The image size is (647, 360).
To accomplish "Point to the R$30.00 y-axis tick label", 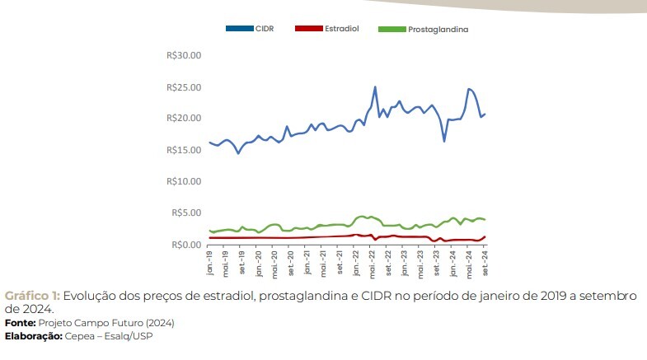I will pos(184,55).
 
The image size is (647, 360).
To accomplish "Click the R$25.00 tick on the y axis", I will pos(184,87).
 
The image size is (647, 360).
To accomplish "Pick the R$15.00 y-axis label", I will pos(184,150).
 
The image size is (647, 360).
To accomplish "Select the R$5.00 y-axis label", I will pos(186,213).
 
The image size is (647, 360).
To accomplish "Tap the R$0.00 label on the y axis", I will pos(186,245).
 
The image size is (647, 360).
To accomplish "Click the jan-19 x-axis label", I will pos(211,263).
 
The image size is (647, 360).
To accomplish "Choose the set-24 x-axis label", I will pos(485,263).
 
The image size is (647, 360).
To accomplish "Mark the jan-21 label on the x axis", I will pos(307,263).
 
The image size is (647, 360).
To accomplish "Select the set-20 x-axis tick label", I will pos(291,263).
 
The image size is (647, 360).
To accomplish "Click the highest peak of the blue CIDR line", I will pos(375,86).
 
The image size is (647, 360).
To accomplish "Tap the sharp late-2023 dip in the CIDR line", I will pos(444,141).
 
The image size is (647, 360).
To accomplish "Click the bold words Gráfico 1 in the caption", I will pos(31,295).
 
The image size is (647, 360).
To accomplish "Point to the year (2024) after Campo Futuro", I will pos(159,322).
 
